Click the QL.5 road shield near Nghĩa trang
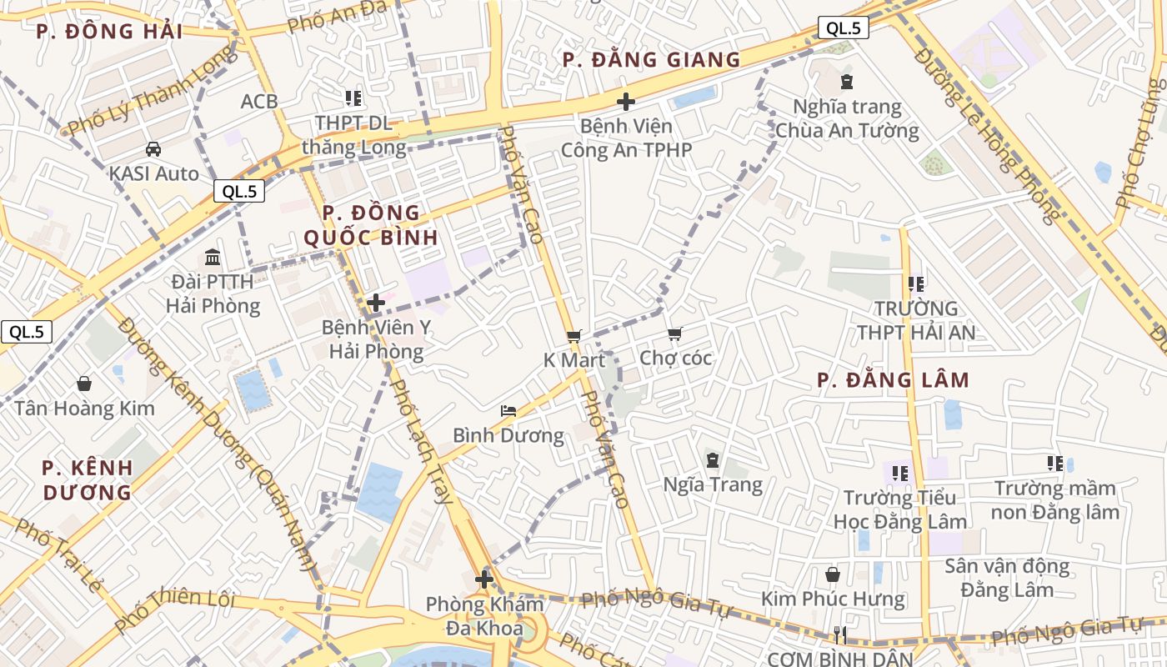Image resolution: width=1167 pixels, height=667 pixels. pyautogui.click(x=843, y=28)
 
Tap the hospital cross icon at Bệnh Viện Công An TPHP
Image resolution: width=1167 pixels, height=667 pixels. pyautogui.click(x=625, y=102)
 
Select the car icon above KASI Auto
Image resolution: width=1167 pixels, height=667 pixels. pyautogui.click(x=153, y=149)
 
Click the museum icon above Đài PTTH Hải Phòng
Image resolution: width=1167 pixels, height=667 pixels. pyautogui.click(x=213, y=256)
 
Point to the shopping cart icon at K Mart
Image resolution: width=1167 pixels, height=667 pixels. pyautogui.click(x=573, y=336)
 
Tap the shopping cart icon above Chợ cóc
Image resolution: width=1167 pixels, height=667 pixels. pyautogui.click(x=674, y=333)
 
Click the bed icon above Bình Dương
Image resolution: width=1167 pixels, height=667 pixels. pyautogui.click(x=508, y=410)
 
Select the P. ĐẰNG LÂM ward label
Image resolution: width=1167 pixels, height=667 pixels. pyautogui.click(x=893, y=381)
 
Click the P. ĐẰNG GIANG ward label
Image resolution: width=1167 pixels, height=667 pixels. pyautogui.click(x=651, y=60)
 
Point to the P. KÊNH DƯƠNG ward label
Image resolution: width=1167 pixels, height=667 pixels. pyautogui.click(x=88, y=479)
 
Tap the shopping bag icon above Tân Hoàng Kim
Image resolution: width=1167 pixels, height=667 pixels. pyautogui.click(x=83, y=384)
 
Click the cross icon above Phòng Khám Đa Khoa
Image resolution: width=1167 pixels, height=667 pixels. pyautogui.click(x=484, y=579)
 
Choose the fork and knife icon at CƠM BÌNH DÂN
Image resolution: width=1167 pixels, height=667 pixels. pyautogui.click(x=839, y=635)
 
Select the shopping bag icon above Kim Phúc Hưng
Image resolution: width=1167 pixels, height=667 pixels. pyautogui.click(x=832, y=574)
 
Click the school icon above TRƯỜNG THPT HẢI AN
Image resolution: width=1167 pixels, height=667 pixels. pyautogui.click(x=916, y=284)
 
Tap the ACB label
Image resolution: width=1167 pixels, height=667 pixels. pyautogui.click(x=258, y=102)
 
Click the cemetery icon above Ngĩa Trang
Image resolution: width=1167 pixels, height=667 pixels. pyautogui.click(x=713, y=459)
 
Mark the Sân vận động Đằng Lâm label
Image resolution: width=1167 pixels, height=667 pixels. pyautogui.click(x=1007, y=578)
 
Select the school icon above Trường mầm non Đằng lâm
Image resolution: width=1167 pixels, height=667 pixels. pyautogui.click(x=1054, y=463)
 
